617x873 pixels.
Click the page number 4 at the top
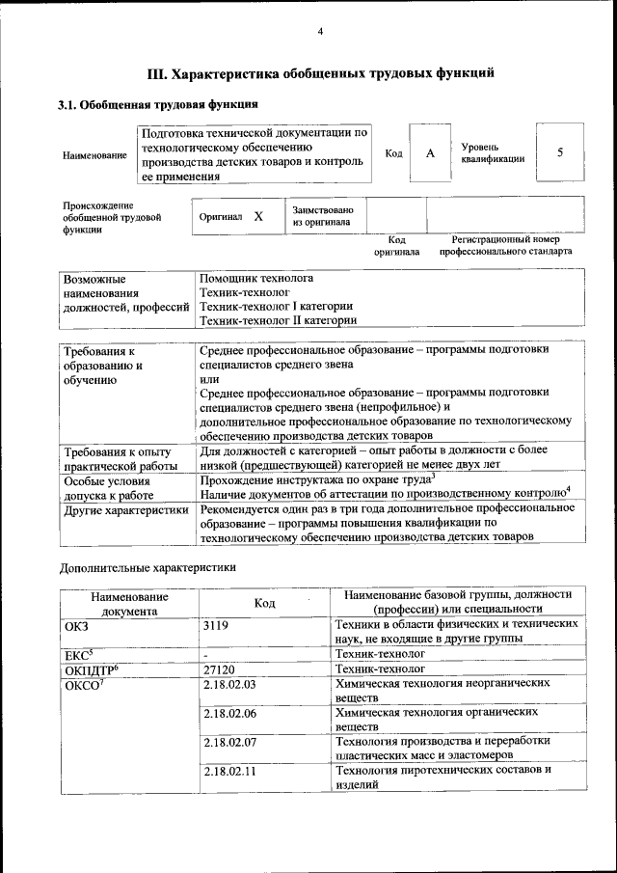click(320, 32)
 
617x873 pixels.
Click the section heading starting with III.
click(320, 72)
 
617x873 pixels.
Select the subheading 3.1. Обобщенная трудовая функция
click(157, 104)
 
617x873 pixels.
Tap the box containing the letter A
click(431, 154)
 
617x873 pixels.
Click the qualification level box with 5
click(559, 153)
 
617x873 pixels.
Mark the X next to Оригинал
click(257, 217)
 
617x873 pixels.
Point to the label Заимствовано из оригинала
click(323, 217)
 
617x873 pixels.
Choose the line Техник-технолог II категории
click(278, 320)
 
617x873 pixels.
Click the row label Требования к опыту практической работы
click(117, 459)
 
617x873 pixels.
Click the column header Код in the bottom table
click(264, 603)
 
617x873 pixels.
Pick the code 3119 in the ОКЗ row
click(217, 625)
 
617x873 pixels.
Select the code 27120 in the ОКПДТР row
click(219, 668)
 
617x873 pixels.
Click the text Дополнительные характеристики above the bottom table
click(148, 568)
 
